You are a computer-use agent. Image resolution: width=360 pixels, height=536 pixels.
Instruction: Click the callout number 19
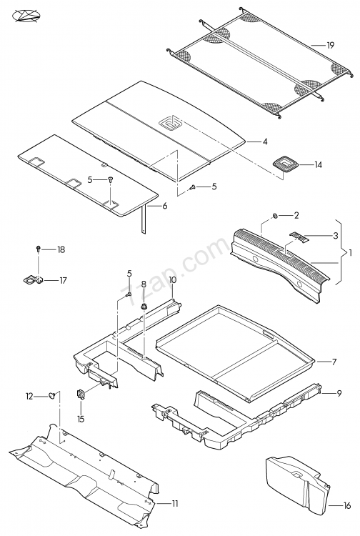pos(330,45)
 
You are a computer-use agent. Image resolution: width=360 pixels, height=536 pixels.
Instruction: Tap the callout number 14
pos(319,165)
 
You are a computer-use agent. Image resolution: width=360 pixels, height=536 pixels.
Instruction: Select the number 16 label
pos(347,505)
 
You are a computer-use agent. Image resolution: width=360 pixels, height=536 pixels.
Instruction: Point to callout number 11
pos(175,504)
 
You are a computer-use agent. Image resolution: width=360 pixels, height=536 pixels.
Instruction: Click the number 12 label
pos(29,396)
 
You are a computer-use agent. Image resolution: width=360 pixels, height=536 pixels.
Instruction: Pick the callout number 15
pos(81,419)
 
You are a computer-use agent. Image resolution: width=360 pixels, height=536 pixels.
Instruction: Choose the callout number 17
pos(63,281)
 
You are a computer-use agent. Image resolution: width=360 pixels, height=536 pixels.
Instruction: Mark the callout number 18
pos(61,249)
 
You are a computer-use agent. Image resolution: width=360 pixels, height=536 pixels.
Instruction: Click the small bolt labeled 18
pos(39,249)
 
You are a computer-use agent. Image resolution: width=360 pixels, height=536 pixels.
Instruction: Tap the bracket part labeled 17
pos(33,280)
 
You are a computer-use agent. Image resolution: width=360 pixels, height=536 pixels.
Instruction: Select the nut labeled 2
pos(274,215)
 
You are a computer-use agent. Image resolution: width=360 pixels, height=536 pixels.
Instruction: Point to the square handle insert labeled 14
pos(285,163)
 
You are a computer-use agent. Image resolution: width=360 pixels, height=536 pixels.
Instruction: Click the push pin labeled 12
pos(52,395)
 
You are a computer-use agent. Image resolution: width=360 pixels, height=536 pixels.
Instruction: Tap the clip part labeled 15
pos(81,394)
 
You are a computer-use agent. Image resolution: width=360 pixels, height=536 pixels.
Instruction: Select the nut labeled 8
pos(144,307)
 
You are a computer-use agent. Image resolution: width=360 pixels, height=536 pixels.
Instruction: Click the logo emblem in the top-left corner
pos(26,16)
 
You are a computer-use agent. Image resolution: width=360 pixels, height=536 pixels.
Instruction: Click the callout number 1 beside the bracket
pos(350,253)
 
